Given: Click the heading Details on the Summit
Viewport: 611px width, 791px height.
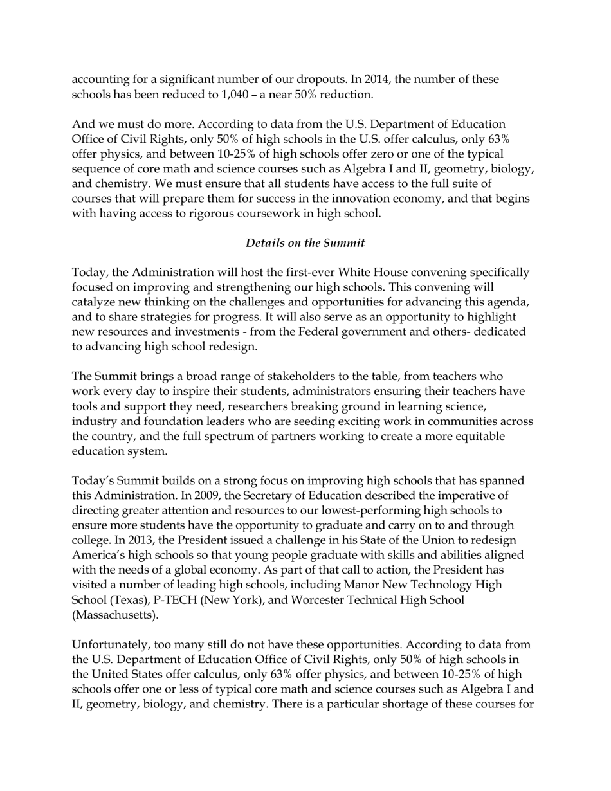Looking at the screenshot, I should [x=305, y=243].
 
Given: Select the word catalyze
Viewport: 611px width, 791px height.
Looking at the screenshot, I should [x=96, y=302].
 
